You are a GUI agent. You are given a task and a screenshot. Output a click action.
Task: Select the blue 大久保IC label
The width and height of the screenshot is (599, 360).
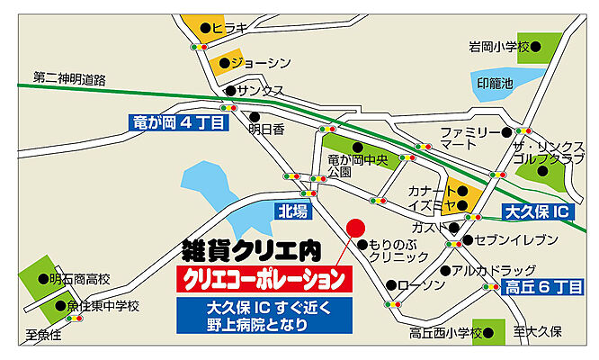click(x=536, y=213)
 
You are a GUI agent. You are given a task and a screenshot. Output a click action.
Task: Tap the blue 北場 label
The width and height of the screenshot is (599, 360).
click(x=293, y=211)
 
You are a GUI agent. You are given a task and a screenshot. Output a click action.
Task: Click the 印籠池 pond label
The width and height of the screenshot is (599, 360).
click(x=495, y=83)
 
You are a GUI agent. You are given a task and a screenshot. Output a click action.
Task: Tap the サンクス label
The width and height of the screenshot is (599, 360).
click(x=262, y=90)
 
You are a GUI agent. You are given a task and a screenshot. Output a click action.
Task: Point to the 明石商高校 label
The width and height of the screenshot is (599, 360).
click(x=79, y=278)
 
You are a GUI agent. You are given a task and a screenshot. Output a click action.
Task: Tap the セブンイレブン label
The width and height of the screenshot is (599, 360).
click(x=506, y=240)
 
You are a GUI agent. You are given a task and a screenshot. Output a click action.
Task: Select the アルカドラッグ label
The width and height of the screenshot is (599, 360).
click(x=494, y=270)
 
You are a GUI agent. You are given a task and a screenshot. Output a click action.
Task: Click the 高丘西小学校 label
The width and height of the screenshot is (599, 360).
click(x=446, y=332)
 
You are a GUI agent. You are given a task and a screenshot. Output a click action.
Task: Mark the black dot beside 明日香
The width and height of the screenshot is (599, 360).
click(x=255, y=116)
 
